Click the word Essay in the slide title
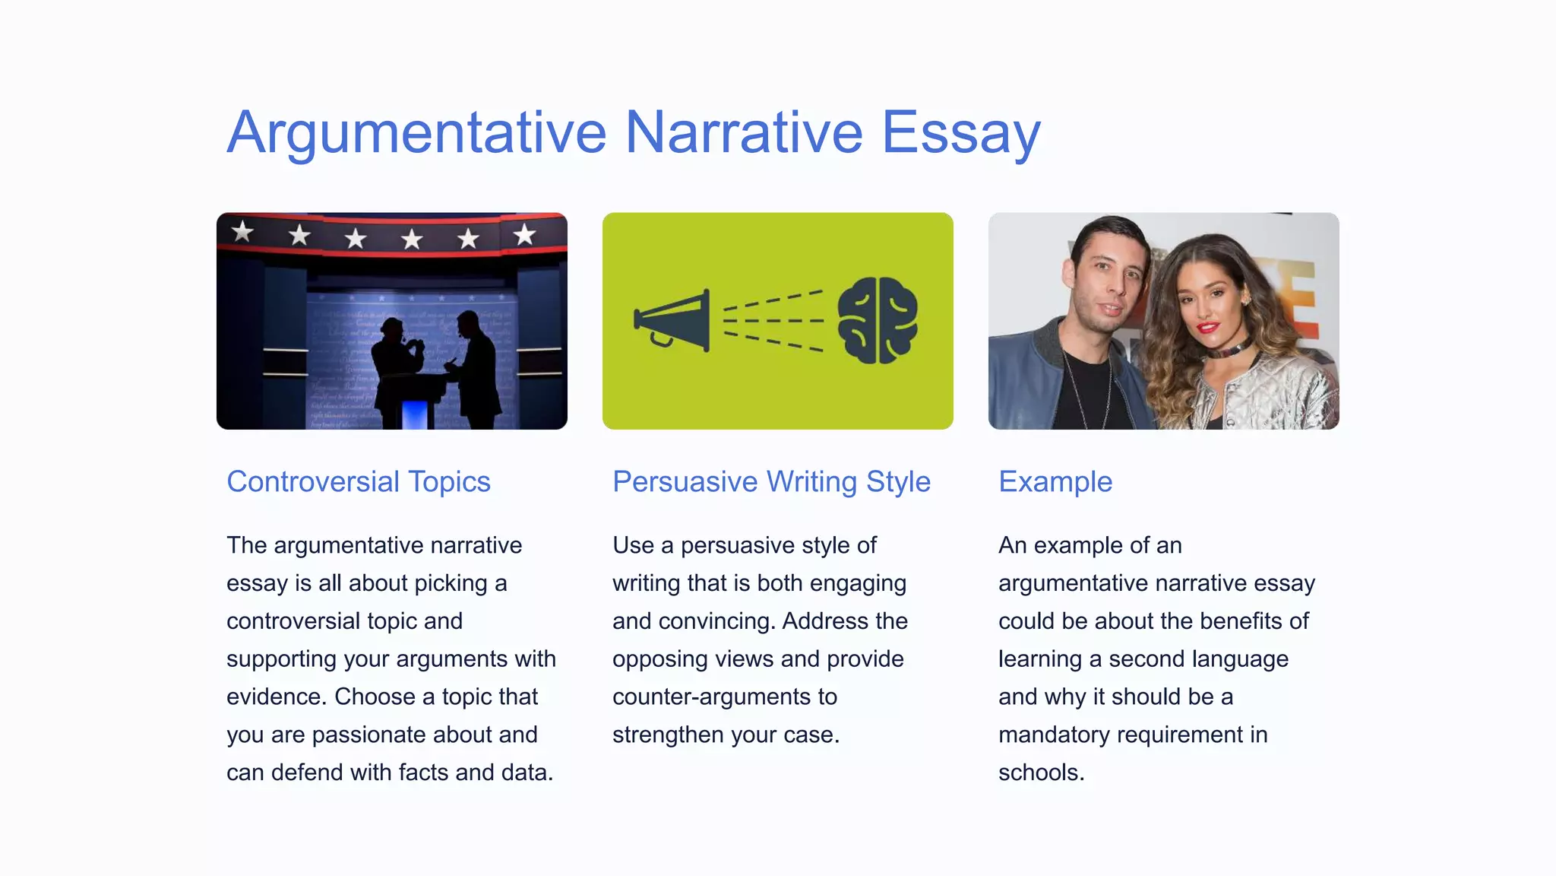pyautogui.click(x=960, y=133)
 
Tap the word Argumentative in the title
pyautogui.click(x=416, y=133)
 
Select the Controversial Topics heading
pyautogui.click(x=358, y=482)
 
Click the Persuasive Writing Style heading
pyautogui.click(x=771, y=482)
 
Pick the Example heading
pyautogui.click(x=1055, y=482)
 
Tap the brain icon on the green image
pyautogui.click(x=878, y=320)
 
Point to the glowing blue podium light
pyautogui.click(x=414, y=414)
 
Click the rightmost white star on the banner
pyautogui.click(x=524, y=234)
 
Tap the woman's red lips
pyautogui.click(x=1207, y=328)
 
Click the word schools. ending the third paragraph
pyautogui.click(x=1041, y=773)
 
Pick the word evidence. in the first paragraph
pyautogui.click(x=277, y=697)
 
